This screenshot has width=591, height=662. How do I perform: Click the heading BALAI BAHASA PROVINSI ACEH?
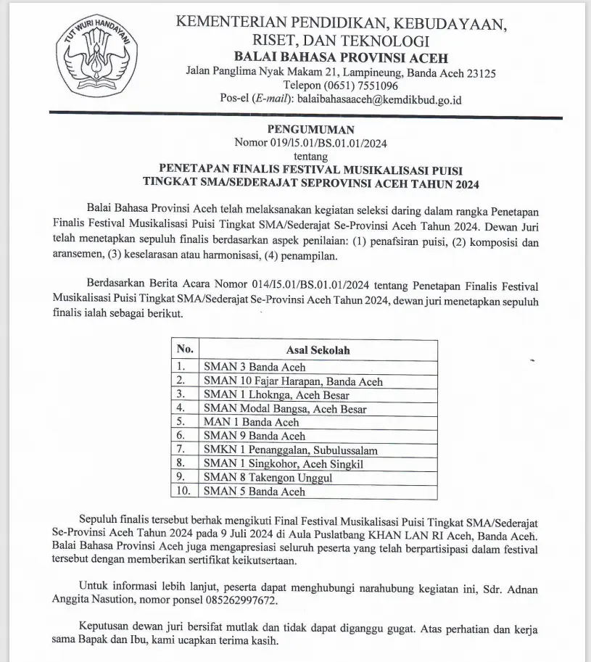click(x=340, y=58)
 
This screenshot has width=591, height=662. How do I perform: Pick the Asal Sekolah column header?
click(x=318, y=350)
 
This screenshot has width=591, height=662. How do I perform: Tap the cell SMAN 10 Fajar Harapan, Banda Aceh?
click(x=293, y=381)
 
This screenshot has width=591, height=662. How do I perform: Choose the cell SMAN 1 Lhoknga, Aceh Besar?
click(x=276, y=395)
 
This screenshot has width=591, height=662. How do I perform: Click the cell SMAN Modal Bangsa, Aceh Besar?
click(x=285, y=409)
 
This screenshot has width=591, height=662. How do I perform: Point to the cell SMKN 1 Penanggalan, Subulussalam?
click(x=290, y=450)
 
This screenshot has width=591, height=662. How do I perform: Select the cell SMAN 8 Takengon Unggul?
click(x=267, y=478)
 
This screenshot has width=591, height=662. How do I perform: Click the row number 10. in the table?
click(x=184, y=492)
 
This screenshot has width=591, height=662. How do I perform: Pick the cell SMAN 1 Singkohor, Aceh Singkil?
click(x=284, y=464)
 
